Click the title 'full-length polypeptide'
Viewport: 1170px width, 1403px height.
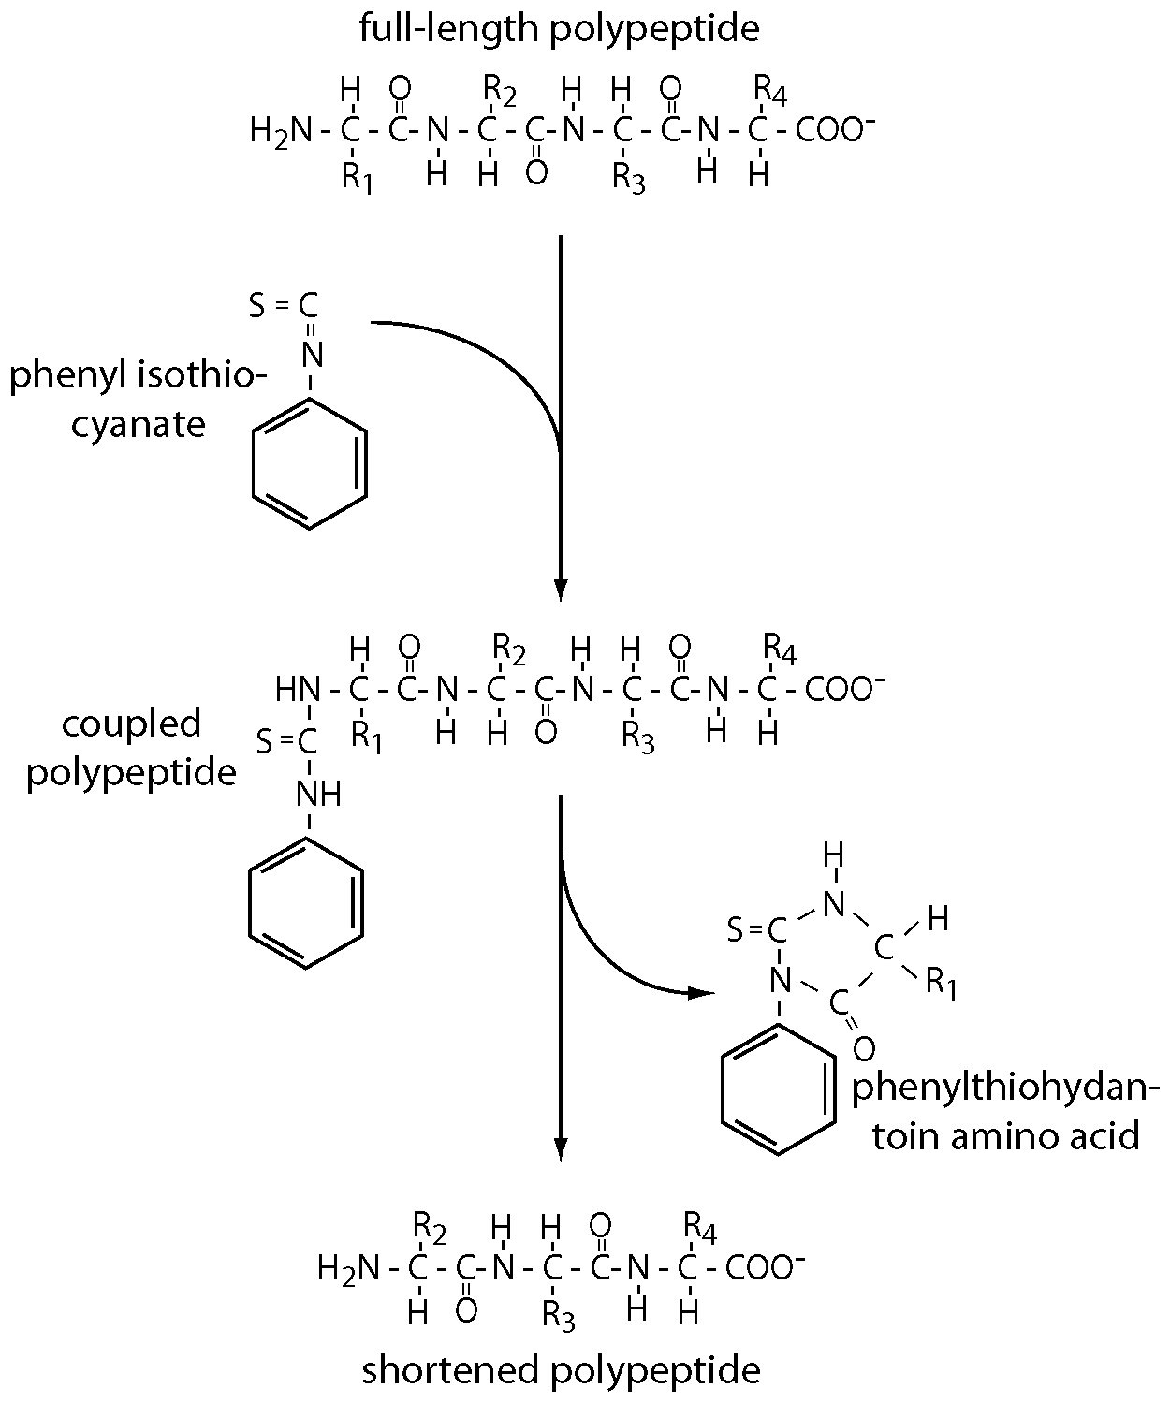click(x=559, y=28)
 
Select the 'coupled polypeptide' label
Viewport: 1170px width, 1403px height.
click(x=131, y=748)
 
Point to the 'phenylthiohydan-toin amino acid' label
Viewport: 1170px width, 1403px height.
click(x=1006, y=1111)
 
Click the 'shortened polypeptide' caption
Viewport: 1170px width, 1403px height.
click(x=561, y=1370)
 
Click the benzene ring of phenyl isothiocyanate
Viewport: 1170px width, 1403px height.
click(x=310, y=464)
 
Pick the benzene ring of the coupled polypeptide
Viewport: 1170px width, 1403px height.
click(x=306, y=901)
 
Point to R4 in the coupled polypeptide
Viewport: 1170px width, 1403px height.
click(x=780, y=646)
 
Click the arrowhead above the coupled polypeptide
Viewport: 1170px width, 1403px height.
click(x=560, y=590)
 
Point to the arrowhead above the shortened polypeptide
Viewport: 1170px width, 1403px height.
click(x=560, y=1148)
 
